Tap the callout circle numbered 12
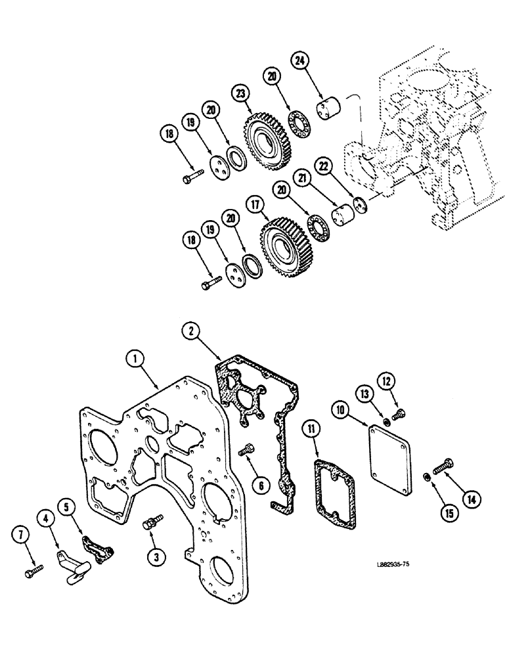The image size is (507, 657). (386, 382)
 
